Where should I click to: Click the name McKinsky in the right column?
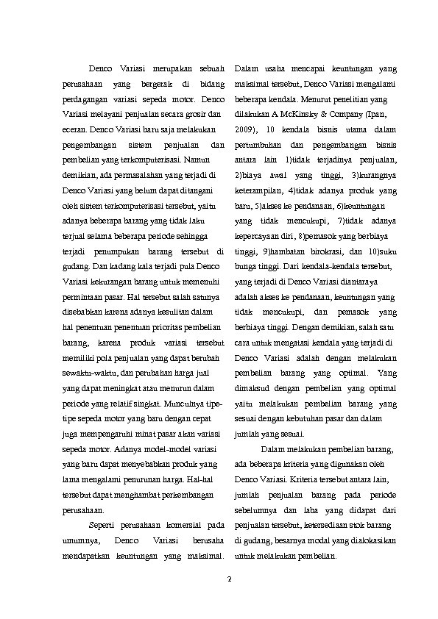tap(301, 114)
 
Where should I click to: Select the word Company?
tap(350, 114)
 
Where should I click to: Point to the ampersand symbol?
tap(325, 114)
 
